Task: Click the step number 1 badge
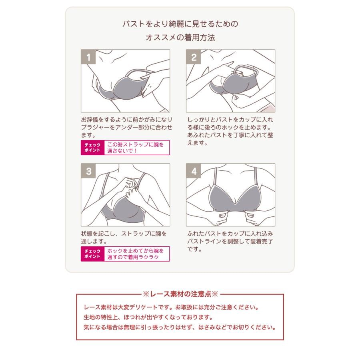click(88, 57)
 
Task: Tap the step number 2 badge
click(193, 57)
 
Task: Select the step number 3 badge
click(88, 171)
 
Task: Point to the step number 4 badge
click(193, 171)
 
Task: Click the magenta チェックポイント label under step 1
click(92, 148)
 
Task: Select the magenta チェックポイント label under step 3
click(92, 254)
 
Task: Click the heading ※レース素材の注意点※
click(180, 294)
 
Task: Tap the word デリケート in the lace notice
click(143, 307)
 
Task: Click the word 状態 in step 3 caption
click(87, 234)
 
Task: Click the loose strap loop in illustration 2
click(246, 71)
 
